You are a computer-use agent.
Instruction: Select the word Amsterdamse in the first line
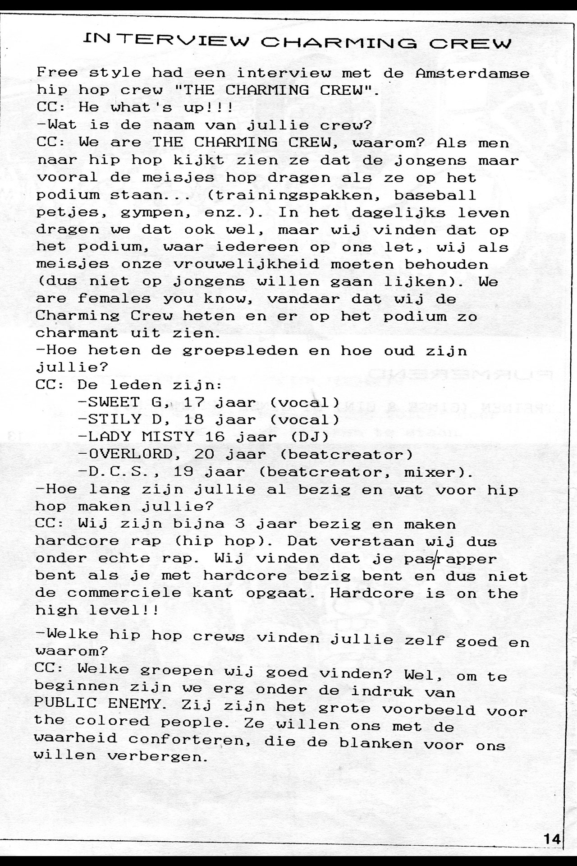pyautogui.click(x=472, y=73)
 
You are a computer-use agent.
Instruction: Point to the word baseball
pyautogui.click(x=435, y=195)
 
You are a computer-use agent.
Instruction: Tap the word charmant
pyautogui.click(x=77, y=333)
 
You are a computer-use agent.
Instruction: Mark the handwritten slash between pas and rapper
pyautogui.click(x=434, y=559)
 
